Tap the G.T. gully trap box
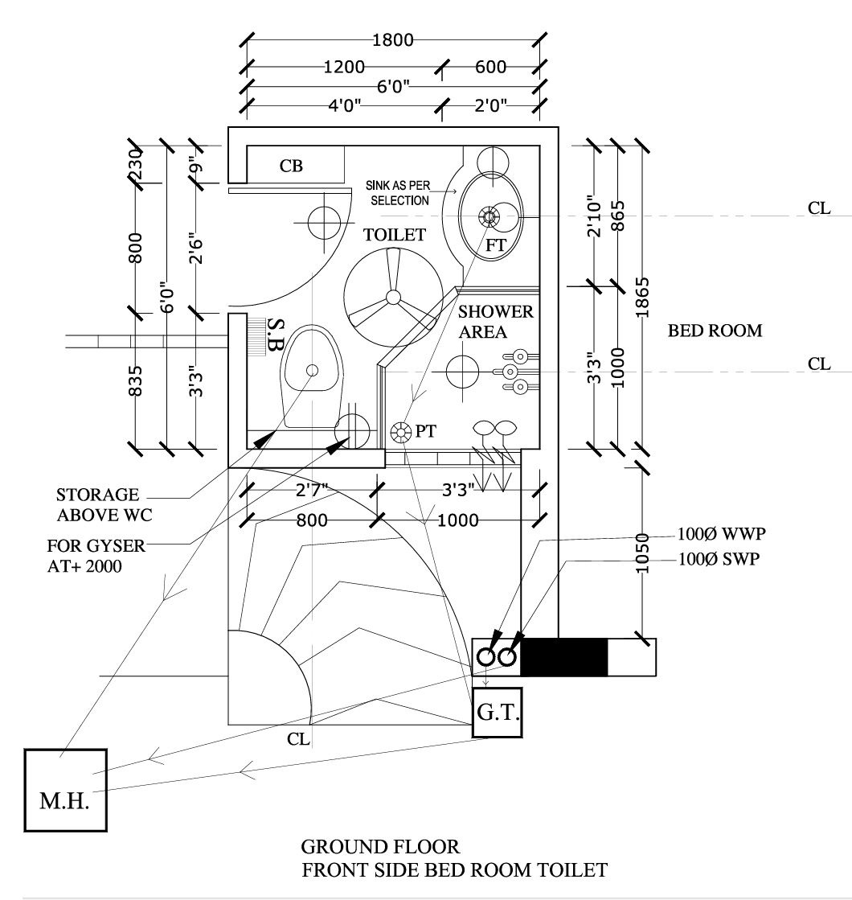pyautogui.click(x=498, y=713)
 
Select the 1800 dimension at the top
pyautogui.click(x=393, y=39)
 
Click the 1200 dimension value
pyautogui.click(x=344, y=67)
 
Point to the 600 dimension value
pyautogui.click(x=490, y=67)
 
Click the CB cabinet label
pyautogui.click(x=291, y=166)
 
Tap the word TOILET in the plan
pyautogui.click(x=394, y=235)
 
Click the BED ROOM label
pyautogui.click(x=715, y=331)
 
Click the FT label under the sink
pyautogui.click(x=496, y=246)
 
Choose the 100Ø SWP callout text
pyautogui.click(x=716, y=557)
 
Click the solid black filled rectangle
pyautogui.click(x=564, y=657)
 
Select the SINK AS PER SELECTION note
pyautogui.click(x=399, y=194)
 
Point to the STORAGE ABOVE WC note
pyautogui.click(x=97, y=504)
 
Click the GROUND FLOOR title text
pyautogui.click(x=380, y=847)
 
